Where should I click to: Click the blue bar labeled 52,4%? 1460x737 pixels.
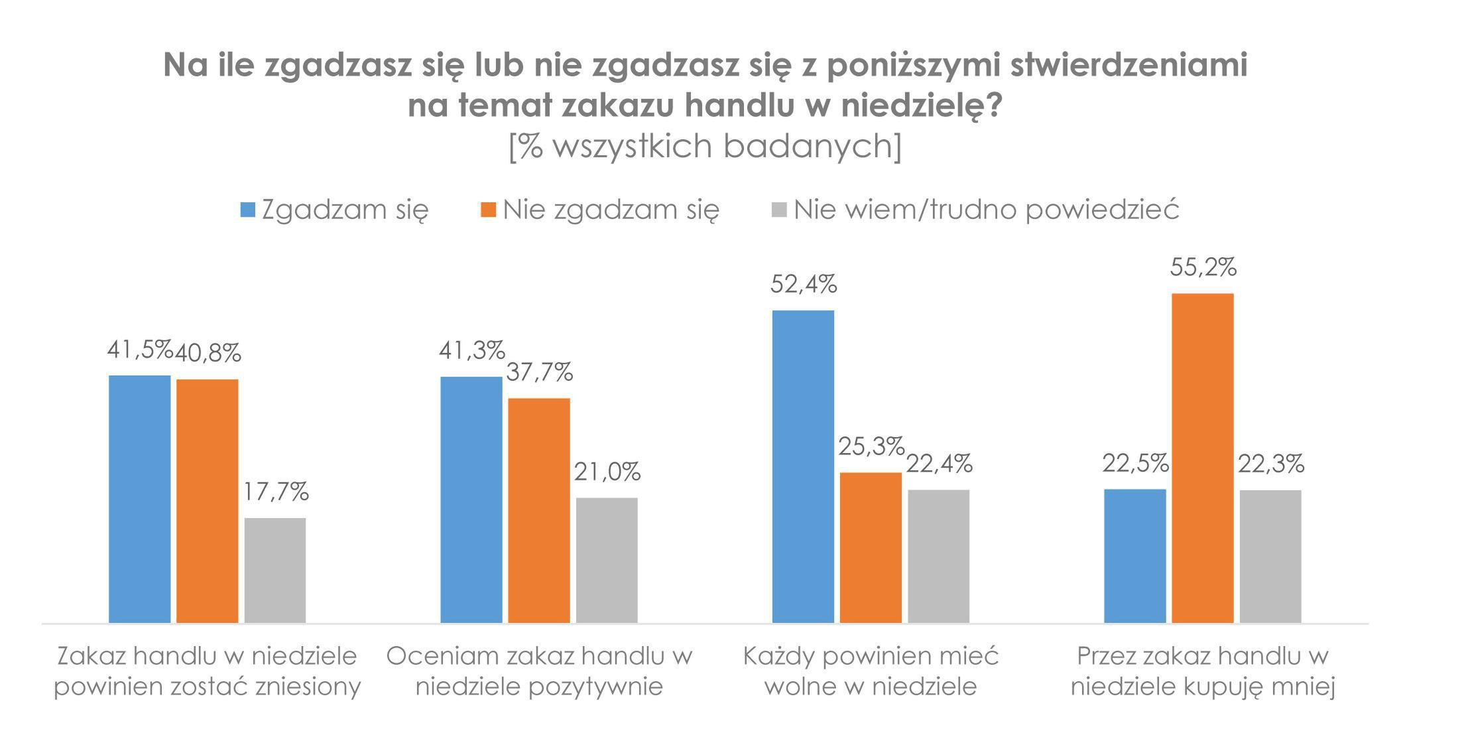pyautogui.click(x=803, y=466)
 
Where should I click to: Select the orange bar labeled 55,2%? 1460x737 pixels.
pyautogui.click(x=1203, y=458)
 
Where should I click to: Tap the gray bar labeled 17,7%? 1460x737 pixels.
pyautogui.click(x=275, y=570)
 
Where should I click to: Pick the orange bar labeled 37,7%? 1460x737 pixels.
pyautogui.click(x=539, y=510)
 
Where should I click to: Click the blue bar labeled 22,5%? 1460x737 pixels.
pyautogui.click(x=1134, y=556)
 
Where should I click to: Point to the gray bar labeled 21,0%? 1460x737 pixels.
pyautogui.click(x=607, y=560)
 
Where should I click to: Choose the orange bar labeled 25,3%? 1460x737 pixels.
pyautogui.click(x=871, y=547)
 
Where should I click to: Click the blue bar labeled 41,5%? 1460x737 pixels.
pyautogui.click(x=139, y=499)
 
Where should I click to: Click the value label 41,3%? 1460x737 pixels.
pyautogui.click(x=471, y=350)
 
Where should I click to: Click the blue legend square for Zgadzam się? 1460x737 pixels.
pyautogui.click(x=247, y=210)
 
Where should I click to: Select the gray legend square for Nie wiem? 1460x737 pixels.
pyautogui.click(x=780, y=210)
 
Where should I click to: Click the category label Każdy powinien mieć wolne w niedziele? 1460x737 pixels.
pyautogui.click(x=871, y=671)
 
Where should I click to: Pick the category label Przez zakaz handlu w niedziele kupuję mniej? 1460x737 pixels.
pyautogui.click(x=1203, y=671)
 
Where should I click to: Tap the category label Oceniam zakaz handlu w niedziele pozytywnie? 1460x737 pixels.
pyautogui.click(x=539, y=671)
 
